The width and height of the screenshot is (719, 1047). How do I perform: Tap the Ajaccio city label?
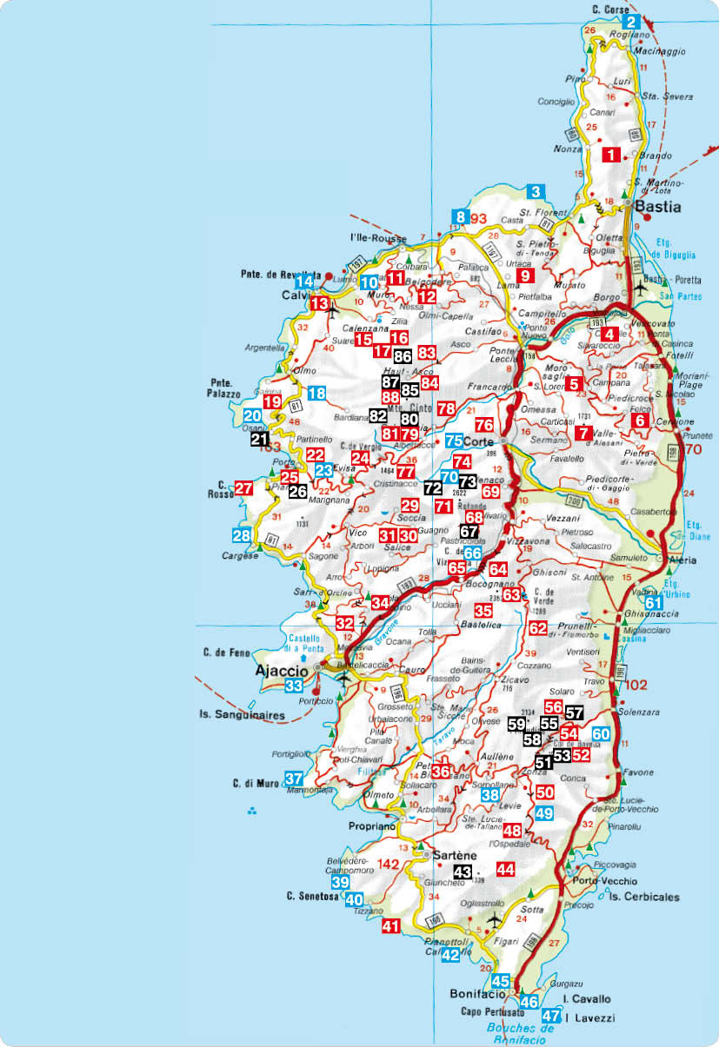tap(280, 671)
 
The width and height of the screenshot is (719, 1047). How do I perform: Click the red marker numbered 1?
tap(612, 156)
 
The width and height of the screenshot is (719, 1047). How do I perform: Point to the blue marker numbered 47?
tap(550, 1016)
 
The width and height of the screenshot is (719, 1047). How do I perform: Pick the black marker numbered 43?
tap(463, 871)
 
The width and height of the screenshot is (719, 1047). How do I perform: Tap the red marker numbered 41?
tap(391, 926)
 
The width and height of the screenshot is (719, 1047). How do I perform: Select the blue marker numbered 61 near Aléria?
tap(654, 602)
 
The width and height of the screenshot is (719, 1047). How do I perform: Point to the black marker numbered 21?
tap(260, 440)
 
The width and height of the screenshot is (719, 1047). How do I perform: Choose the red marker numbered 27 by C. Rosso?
tap(244, 487)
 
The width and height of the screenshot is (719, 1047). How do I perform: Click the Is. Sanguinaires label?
tap(233, 716)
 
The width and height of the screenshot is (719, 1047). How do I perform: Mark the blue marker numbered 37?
tap(295, 779)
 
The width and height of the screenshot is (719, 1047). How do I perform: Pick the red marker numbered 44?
tap(505, 868)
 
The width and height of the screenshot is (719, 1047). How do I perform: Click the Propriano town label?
tap(372, 826)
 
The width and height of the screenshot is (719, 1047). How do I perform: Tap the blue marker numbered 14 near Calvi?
tap(303, 281)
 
